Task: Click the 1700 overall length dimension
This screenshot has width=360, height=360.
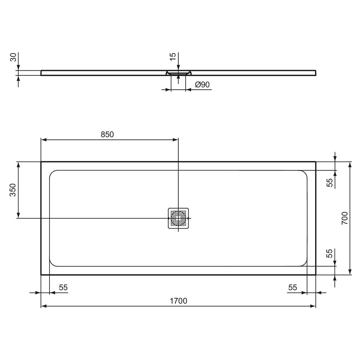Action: tap(178, 301)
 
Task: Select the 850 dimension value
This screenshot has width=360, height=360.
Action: tap(107, 135)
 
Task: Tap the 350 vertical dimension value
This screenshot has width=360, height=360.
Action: tap(13, 190)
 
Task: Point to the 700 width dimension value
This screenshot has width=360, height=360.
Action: tap(344, 218)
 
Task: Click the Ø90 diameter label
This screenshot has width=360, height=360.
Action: tap(202, 85)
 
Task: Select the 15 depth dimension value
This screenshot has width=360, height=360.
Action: tap(173, 57)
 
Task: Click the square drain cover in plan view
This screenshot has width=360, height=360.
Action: tap(178, 218)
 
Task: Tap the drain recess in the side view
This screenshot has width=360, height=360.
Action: tap(178, 73)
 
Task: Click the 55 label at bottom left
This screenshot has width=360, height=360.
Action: tap(63, 287)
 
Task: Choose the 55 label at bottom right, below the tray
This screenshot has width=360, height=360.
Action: tap(292, 287)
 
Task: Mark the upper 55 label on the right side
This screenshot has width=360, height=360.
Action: tap(330, 182)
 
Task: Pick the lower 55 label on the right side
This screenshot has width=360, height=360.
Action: tap(330, 253)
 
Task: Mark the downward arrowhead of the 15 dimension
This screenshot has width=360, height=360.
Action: tap(178, 69)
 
